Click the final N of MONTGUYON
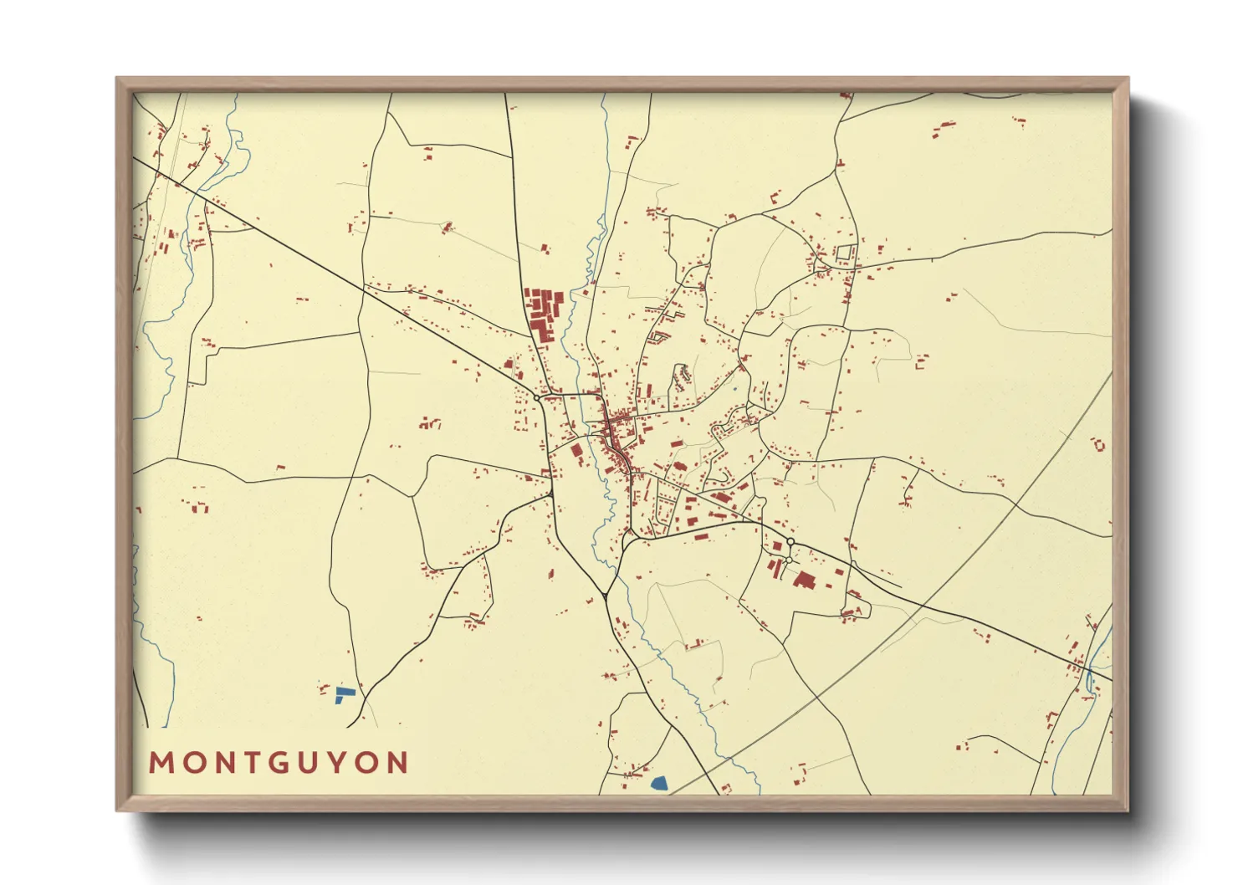(x=397, y=763)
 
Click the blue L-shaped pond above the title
(x=343, y=694)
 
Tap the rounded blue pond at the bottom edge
(x=659, y=784)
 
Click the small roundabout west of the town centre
(x=537, y=398)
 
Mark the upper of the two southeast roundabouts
(x=790, y=542)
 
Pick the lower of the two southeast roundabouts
(x=788, y=560)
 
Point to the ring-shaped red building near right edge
(x=1098, y=445)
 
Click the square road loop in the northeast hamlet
(x=847, y=252)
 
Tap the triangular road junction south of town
(x=604, y=596)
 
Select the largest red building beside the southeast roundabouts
(x=805, y=580)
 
